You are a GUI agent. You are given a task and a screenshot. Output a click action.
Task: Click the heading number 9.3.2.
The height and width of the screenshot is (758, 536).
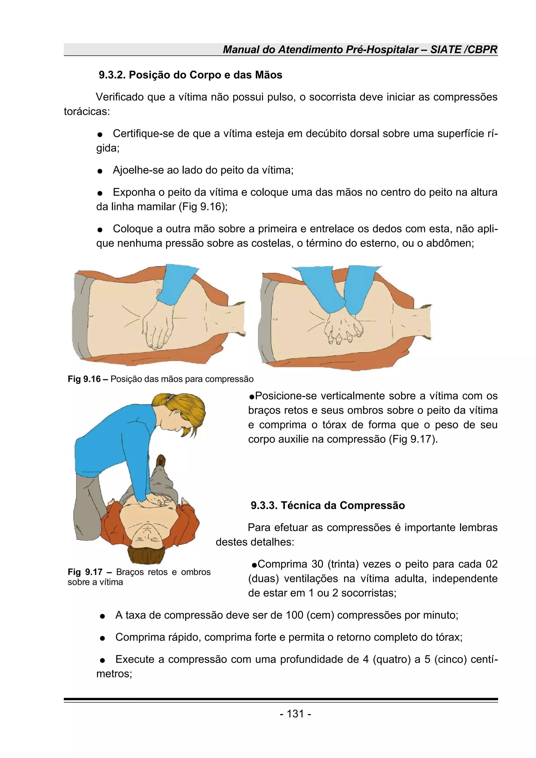(112, 75)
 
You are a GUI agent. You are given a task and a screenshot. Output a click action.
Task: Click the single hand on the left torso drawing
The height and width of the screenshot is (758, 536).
(157, 327)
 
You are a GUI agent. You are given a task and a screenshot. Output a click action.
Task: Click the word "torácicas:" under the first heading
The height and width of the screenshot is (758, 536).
(87, 112)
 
